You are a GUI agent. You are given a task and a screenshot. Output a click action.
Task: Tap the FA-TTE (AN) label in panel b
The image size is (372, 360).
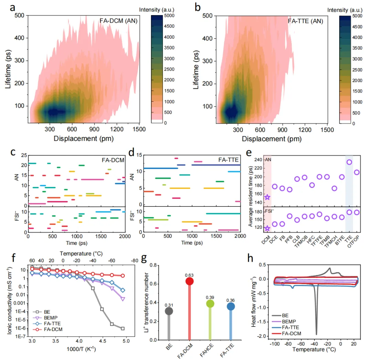point(306,21)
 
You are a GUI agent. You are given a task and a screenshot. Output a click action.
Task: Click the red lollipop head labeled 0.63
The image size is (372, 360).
point(189,281)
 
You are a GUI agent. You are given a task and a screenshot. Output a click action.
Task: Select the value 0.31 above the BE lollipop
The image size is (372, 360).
point(169,304)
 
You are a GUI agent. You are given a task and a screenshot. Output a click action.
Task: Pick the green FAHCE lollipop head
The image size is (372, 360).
point(210,303)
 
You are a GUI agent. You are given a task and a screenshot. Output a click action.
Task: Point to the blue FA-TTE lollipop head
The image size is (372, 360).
point(231,306)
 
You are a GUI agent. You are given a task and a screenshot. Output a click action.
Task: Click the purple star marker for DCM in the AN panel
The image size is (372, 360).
point(267,197)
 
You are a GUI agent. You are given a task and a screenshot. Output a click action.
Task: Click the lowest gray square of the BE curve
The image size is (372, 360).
point(123,329)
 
